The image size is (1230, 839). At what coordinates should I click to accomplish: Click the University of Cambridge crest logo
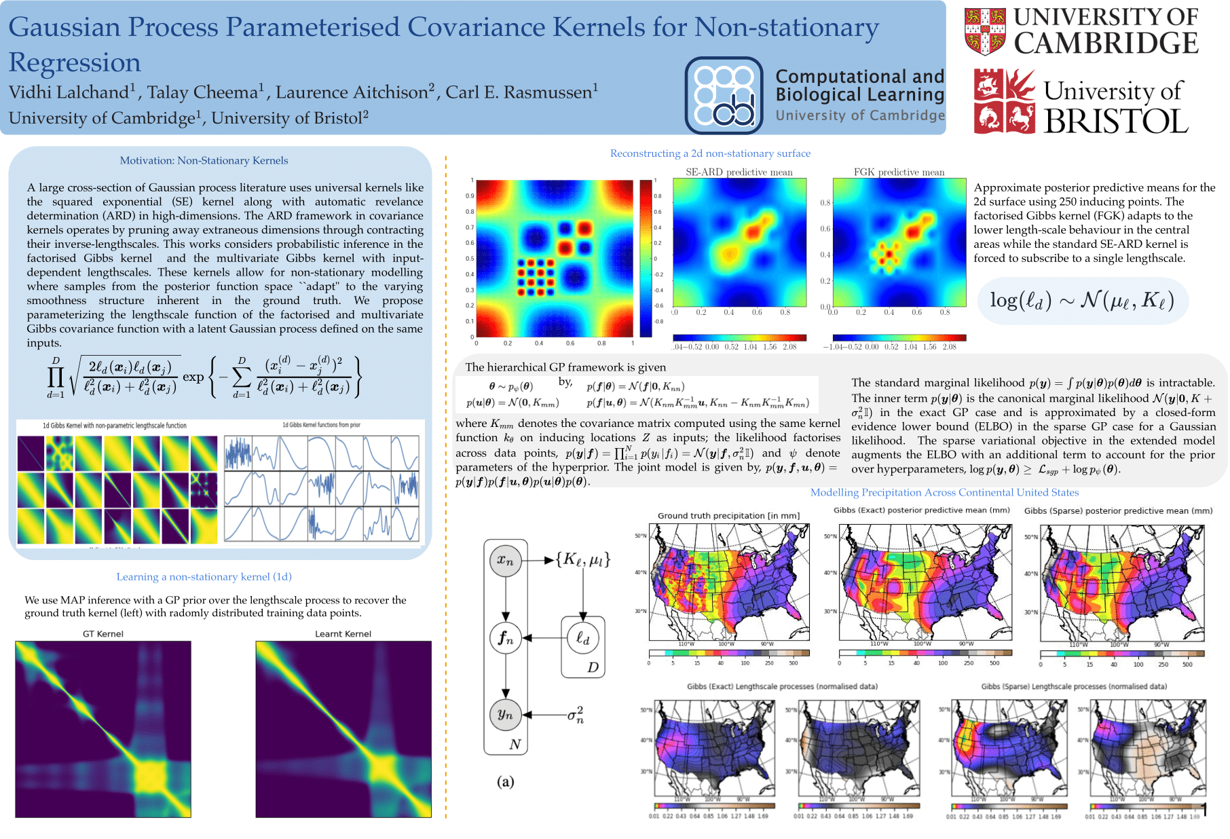pyautogui.click(x=985, y=31)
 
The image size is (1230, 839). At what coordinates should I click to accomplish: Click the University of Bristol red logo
pyautogui.click(x=1005, y=102)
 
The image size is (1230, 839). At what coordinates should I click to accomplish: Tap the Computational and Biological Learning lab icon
pyautogui.click(x=724, y=96)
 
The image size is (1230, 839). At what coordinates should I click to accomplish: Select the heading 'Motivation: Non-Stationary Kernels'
pyautogui.click(x=204, y=161)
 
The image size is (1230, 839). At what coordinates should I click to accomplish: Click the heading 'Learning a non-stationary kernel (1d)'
pyautogui.click(x=204, y=577)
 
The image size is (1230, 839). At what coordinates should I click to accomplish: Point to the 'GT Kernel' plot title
pyautogui.click(x=103, y=634)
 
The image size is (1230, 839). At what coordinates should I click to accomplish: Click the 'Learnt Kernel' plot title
pyautogui.click(x=343, y=634)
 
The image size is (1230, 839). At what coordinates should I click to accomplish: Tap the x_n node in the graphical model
pyautogui.click(x=505, y=561)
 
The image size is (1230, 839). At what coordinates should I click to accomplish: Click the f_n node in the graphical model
pyautogui.click(x=505, y=638)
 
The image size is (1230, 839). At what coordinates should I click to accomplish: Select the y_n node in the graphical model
pyautogui.click(x=505, y=714)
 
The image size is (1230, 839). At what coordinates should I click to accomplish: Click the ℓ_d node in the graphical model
pyautogui.click(x=582, y=638)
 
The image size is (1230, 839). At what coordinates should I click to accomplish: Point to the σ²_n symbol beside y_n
pyautogui.click(x=576, y=714)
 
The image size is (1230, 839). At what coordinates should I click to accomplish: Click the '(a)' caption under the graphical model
pyautogui.click(x=505, y=781)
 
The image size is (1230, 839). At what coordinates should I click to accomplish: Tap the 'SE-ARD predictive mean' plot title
pyautogui.click(x=739, y=172)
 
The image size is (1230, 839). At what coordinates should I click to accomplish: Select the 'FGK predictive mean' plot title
pyautogui.click(x=899, y=172)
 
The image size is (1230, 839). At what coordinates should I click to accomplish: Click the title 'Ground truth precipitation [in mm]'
pyautogui.click(x=728, y=516)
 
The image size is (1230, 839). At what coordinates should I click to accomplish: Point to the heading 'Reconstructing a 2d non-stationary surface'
pyautogui.click(x=710, y=153)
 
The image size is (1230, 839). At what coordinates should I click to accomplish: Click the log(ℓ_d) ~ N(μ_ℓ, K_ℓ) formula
pyautogui.click(x=1082, y=300)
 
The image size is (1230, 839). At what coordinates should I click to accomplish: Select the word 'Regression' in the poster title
pyautogui.click(x=75, y=62)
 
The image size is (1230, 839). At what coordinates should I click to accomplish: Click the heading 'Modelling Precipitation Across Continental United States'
pyautogui.click(x=944, y=493)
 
